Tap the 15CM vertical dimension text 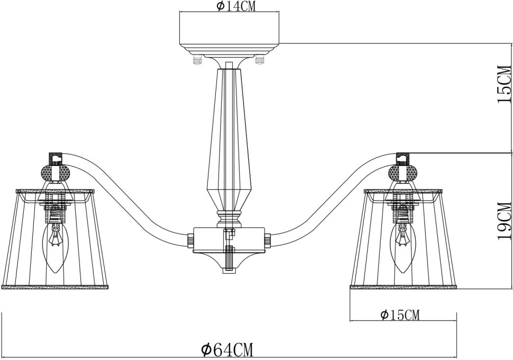(504, 85)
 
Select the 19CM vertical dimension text (504, 220)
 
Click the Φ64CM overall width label (227, 349)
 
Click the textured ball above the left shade (56, 173)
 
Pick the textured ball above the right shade (402, 173)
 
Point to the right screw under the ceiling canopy (259, 60)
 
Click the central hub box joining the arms (228, 241)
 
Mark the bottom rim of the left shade (55, 286)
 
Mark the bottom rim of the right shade (403, 286)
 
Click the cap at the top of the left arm (56, 157)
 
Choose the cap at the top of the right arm (403, 157)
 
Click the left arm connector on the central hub (190, 241)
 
